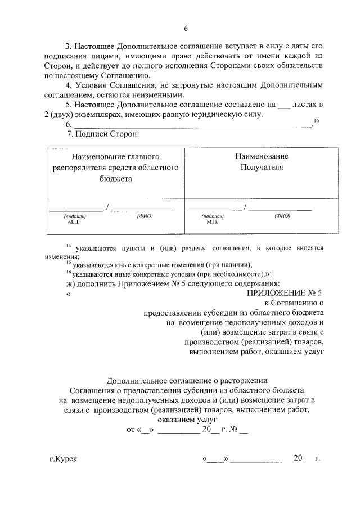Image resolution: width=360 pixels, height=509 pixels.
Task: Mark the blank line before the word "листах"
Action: (x=286, y=105)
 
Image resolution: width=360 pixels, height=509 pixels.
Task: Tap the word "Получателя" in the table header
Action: (x=262, y=167)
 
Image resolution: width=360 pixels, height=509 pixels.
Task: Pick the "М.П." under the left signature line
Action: (x=73, y=222)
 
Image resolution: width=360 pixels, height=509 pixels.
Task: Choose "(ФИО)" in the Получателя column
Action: (x=282, y=215)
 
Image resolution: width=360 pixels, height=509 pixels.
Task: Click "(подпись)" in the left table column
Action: (x=74, y=216)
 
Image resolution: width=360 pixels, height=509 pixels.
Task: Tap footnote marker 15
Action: (x=68, y=263)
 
